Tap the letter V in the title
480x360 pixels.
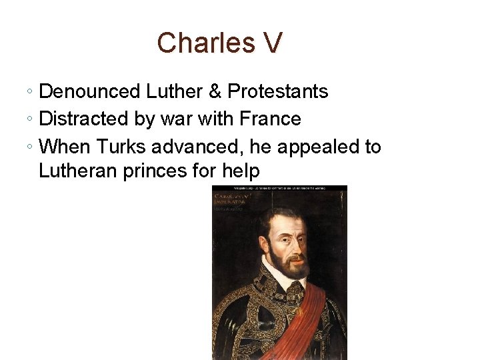click(272, 43)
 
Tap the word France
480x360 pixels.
click(271, 119)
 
